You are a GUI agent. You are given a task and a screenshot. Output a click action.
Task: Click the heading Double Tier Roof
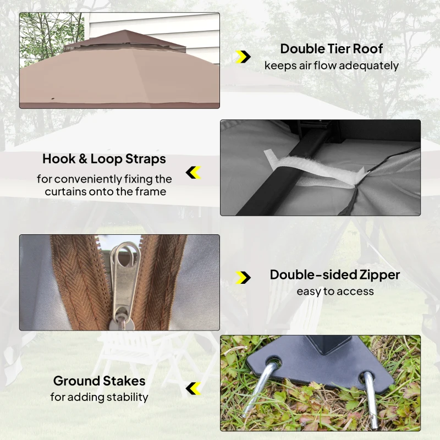click(x=332, y=49)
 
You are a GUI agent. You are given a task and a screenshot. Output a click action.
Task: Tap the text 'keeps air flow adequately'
click(x=332, y=65)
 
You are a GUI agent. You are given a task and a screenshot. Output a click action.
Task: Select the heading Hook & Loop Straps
click(x=104, y=159)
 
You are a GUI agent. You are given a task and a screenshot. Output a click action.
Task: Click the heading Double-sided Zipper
click(x=335, y=274)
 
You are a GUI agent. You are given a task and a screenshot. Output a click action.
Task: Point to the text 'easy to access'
click(x=335, y=291)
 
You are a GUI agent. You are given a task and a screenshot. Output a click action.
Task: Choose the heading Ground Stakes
click(x=100, y=381)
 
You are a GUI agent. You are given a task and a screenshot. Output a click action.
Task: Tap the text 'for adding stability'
click(x=100, y=397)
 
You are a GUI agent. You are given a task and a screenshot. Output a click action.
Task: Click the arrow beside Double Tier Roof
click(x=243, y=57)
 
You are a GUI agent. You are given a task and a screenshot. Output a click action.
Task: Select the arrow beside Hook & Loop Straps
click(x=194, y=172)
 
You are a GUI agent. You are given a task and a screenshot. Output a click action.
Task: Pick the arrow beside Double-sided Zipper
click(x=243, y=278)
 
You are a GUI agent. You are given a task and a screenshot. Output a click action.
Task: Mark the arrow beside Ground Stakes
click(x=194, y=388)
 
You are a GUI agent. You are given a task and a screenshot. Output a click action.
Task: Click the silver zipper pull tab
click(x=124, y=283)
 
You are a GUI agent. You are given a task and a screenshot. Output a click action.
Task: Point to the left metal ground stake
click(x=260, y=387)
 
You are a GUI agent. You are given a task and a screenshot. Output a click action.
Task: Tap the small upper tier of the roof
click(x=125, y=41)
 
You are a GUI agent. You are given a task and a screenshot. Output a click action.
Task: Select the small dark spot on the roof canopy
click(x=53, y=99)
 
